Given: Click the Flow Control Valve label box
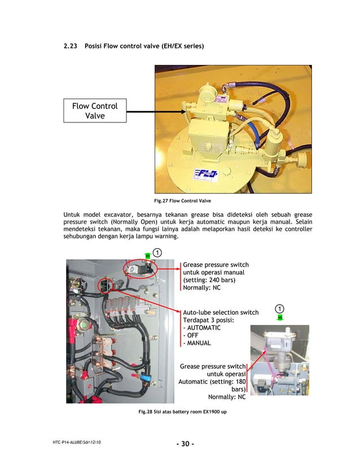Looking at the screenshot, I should coord(94,111).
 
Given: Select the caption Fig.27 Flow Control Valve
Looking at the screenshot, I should coord(179,201).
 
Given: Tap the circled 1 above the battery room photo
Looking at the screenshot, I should coord(157,251).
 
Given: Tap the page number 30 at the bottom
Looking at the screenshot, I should coord(185,443).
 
